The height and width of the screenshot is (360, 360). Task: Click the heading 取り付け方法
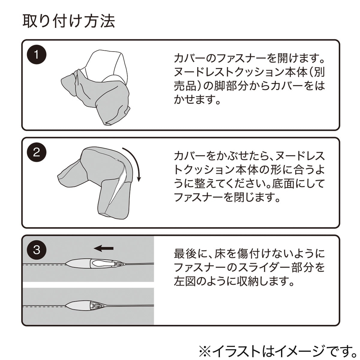coord(69,21)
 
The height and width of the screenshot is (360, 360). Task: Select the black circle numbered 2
coord(36,153)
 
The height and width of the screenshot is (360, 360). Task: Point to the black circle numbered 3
coord(36,250)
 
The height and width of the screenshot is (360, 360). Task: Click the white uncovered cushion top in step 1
coord(108,64)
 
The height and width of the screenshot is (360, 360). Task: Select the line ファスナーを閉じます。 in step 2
coord(227,197)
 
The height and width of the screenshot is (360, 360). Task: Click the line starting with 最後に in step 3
coord(249,254)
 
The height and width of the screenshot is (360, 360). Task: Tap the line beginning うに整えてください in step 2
coord(249,183)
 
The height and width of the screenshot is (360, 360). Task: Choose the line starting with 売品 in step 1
coord(249,86)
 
